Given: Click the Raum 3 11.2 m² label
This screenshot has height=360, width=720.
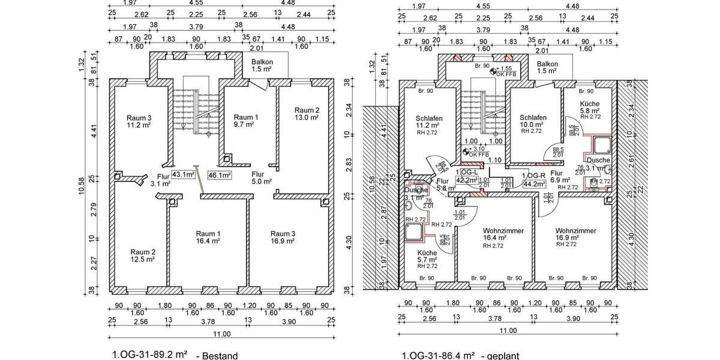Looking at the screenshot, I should pyautogui.click(x=138, y=121).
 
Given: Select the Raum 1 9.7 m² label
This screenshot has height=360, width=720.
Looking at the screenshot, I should pyautogui.click(x=245, y=121).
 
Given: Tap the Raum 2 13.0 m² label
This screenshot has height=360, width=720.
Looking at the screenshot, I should pyautogui.click(x=306, y=114).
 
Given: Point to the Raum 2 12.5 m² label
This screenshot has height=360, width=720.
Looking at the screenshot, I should pyautogui.click(x=143, y=256).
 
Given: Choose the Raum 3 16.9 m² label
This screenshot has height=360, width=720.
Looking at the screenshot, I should pyautogui.click(x=282, y=237).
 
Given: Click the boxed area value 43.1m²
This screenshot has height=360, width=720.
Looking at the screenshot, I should pyautogui.click(x=183, y=175).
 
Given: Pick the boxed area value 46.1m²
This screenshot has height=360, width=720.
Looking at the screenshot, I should pyautogui.click(x=219, y=175).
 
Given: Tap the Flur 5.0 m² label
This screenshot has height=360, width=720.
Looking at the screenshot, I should pyautogui.click(x=261, y=177).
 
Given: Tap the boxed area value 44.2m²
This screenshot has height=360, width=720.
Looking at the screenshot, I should pyautogui.click(x=533, y=183).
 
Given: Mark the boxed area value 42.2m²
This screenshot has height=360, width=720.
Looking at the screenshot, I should pyautogui.click(x=466, y=179).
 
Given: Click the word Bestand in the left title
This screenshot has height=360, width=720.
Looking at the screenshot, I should pyautogui.click(x=220, y=355).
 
